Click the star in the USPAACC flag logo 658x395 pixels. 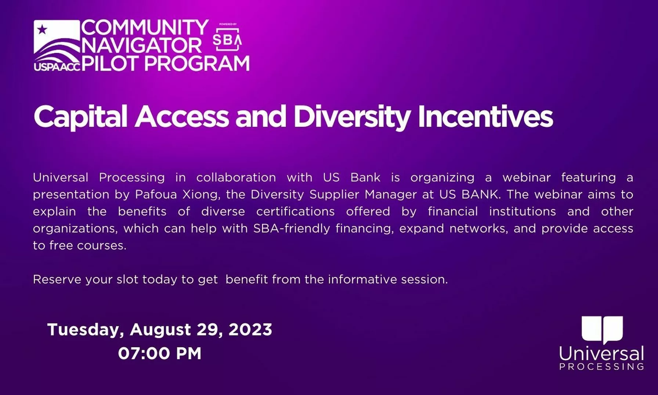click(42, 29)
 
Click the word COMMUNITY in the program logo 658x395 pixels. click(145, 28)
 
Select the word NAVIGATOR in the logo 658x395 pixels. click(141, 46)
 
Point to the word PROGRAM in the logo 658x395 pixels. click(197, 63)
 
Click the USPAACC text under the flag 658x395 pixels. click(57, 67)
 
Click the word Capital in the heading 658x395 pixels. click(81, 117)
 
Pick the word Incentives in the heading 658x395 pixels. click(485, 117)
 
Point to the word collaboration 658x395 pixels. click(236, 177)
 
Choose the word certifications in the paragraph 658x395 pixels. click(296, 211)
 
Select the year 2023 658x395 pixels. click(250, 329)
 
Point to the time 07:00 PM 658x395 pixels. click(160, 353)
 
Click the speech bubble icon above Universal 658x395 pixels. click(603, 330)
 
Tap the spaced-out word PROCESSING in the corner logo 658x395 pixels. click(602, 366)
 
